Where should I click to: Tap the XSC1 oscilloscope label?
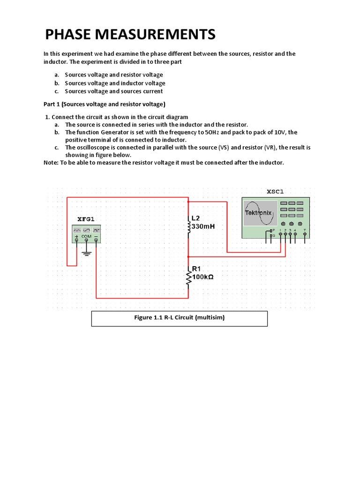pyautogui.click(x=275, y=191)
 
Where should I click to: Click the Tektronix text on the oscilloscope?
pyautogui.click(x=258, y=213)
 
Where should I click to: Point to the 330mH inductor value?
pyautogui.click(x=203, y=226)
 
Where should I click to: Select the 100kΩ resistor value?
pyautogui.click(x=202, y=277)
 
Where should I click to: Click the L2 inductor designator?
pyautogui.click(x=196, y=218)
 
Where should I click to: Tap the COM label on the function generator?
pyautogui.click(x=86, y=236)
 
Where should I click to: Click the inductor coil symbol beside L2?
pyautogui.click(x=188, y=227)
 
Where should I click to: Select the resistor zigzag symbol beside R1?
pyautogui.click(x=188, y=279)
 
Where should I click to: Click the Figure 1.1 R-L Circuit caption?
pyautogui.click(x=179, y=318)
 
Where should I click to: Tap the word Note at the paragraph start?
pyautogui.click(x=51, y=162)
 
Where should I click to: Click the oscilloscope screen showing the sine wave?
pyautogui.click(x=258, y=213)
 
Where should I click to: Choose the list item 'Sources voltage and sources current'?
pyautogui.click(x=114, y=91)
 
